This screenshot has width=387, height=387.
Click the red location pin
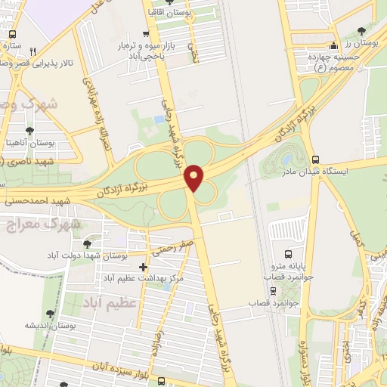tap(195, 177)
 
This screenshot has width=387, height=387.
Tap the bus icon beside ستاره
tap(13, 35)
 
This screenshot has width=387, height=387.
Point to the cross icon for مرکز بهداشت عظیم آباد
tap(144, 267)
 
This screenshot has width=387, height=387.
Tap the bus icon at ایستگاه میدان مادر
tap(315, 159)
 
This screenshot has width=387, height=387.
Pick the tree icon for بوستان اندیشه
tap(50, 313)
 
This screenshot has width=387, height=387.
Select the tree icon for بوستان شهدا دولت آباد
tap(88, 244)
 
